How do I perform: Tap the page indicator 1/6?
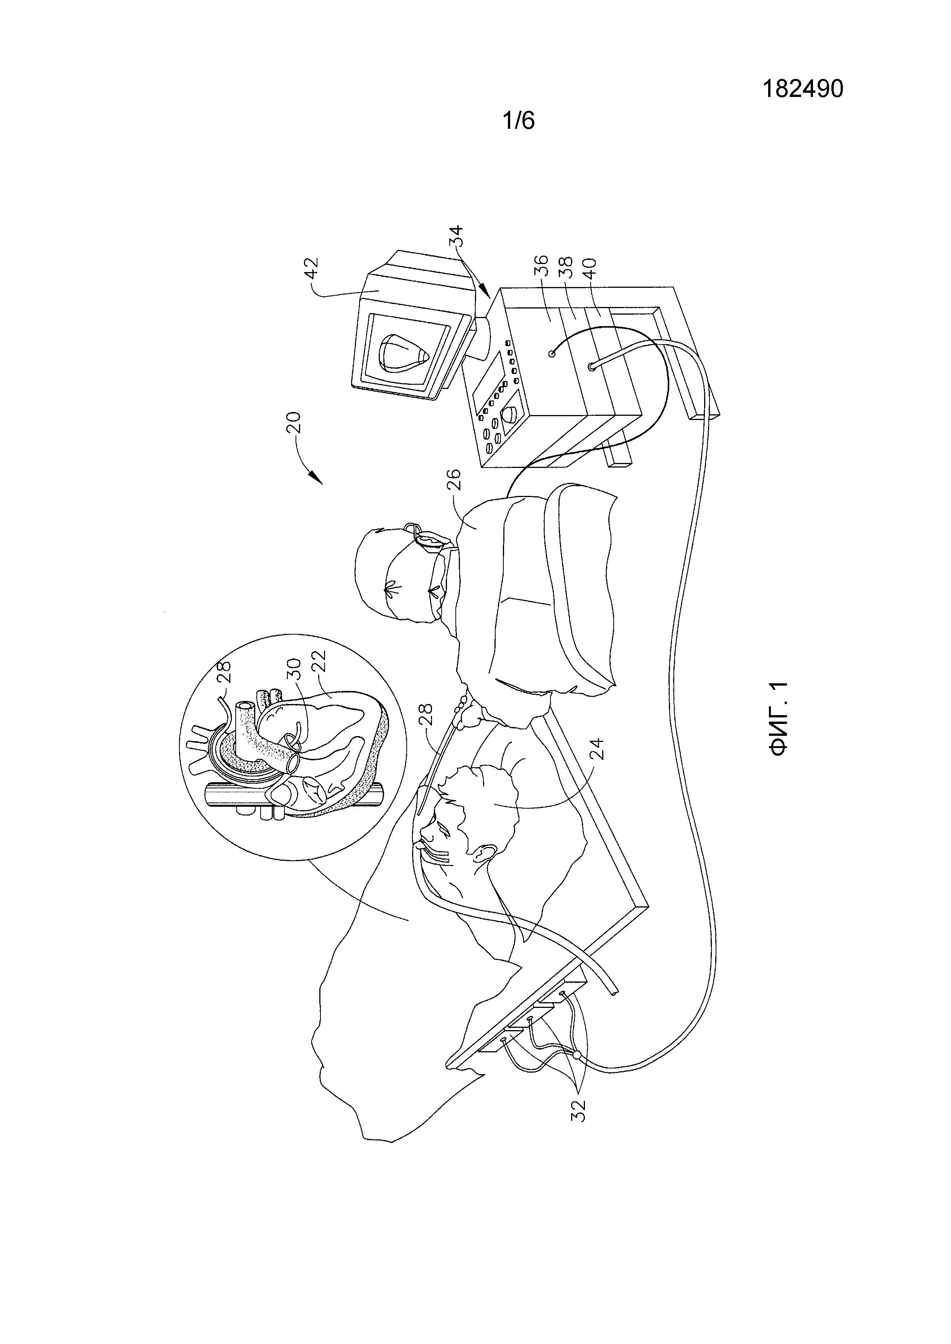(x=519, y=121)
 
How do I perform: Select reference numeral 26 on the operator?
(x=457, y=479)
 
